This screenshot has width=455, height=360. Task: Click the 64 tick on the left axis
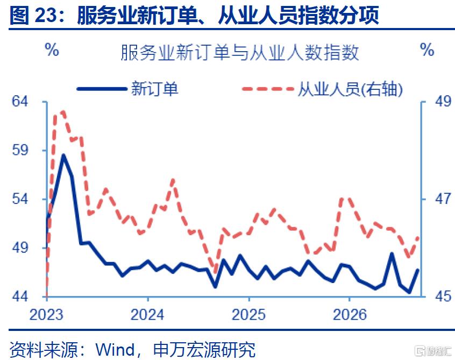click(x=20, y=102)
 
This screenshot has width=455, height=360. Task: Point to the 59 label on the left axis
click(x=20, y=150)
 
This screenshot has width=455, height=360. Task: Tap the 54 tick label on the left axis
click(x=20, y=199)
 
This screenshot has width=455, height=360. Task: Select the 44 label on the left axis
click(x=20, y=297)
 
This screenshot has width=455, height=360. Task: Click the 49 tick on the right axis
click(x=443, y=102)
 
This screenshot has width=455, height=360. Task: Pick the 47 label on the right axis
click(x=443, y=199)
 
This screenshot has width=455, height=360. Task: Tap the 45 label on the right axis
click(x=443, y=297)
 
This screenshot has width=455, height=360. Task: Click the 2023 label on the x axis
click(x=46, y=315)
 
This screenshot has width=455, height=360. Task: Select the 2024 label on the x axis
click(x=147, y=315)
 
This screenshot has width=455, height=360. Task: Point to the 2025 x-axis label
click(x=248, y=315)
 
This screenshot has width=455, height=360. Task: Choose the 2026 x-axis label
click(x=350, y=315)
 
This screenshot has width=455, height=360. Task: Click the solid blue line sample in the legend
click(x=102, y=89)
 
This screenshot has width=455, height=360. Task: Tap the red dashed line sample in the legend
click(x=268, y=89)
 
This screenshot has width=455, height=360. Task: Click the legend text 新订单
click(x=154, y=89)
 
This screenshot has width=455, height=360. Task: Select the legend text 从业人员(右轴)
click(x=350, y=89)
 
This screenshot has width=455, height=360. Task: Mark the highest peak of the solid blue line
click(x=63, y=155)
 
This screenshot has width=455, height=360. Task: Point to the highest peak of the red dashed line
click(x=63, y=111)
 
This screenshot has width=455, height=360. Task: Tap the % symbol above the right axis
click(x=427, y=50)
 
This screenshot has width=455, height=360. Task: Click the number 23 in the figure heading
click(x=45, y=15)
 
